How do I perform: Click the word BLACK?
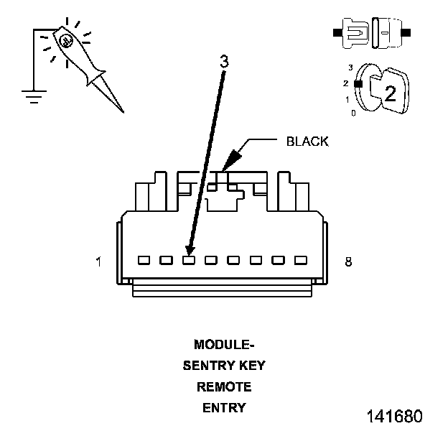(x=307, y=142)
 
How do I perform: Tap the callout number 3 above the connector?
(x=225, y=62)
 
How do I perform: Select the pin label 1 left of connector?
(x=98, y=261)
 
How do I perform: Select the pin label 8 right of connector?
(x=348, y=261)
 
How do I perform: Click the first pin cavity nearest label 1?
(x=144, y=260)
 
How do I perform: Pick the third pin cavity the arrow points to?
(x=189, y=260)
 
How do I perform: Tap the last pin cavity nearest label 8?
(x=301, y=260)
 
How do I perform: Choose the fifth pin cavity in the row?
(x=233, y=260)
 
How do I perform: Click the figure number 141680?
(x=395, y=416)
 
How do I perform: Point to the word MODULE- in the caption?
(x=224, y=344)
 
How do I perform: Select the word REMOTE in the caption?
(x=224, y=386)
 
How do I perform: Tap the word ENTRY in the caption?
(x=224, y=408)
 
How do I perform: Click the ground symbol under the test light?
(x=34, y=96)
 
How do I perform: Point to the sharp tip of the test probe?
(x=123, y=113)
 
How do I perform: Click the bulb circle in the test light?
(x=66, y=41)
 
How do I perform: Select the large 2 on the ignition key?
(x=391, y=93)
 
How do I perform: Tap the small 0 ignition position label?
(x=353, y=113)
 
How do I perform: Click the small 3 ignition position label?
(x=350, y=68)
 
